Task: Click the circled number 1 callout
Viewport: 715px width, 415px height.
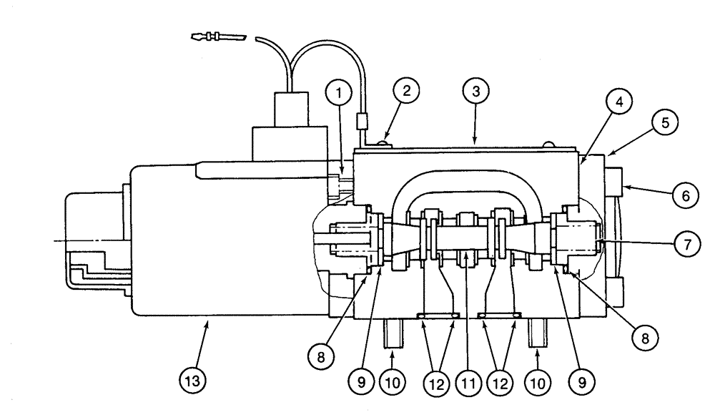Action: click(340, 92)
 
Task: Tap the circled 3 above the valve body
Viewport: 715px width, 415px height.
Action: click(474, 91)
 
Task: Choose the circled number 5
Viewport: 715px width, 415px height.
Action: click(664, 122)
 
